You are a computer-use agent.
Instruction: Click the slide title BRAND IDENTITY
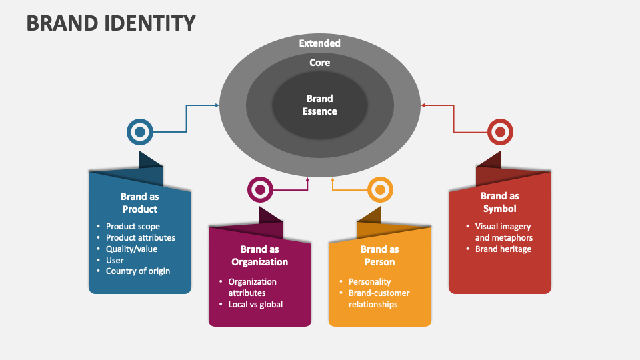coord(111,23)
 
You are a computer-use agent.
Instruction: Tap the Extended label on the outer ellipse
coord(319,43)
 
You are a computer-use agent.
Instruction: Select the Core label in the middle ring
coord(319,63)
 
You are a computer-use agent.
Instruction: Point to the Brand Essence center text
coord(319,105)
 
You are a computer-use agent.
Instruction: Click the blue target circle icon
coord(140,132)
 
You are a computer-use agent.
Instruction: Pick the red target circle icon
coord(500,132)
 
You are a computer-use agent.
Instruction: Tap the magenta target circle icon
coord(260,190)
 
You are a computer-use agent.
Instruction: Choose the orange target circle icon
coord(380,190)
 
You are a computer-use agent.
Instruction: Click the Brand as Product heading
coord(139,203)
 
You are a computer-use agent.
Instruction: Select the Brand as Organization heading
coord(259,255)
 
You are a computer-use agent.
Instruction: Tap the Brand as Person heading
coord(379,255)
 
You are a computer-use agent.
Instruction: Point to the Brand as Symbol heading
coord(499,202)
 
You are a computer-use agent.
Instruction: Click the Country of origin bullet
coord(138,271)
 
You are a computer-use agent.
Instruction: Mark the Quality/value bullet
coord(131,249)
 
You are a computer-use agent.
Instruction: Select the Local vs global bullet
coord(255,305)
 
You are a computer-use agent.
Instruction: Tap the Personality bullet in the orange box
coord(369,282)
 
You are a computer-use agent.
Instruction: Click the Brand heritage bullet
coord(503,249)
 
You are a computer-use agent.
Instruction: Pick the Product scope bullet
coord(133,226)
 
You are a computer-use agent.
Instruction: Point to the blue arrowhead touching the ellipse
coord(217,105)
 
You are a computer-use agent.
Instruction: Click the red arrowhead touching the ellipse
coord(423,105)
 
